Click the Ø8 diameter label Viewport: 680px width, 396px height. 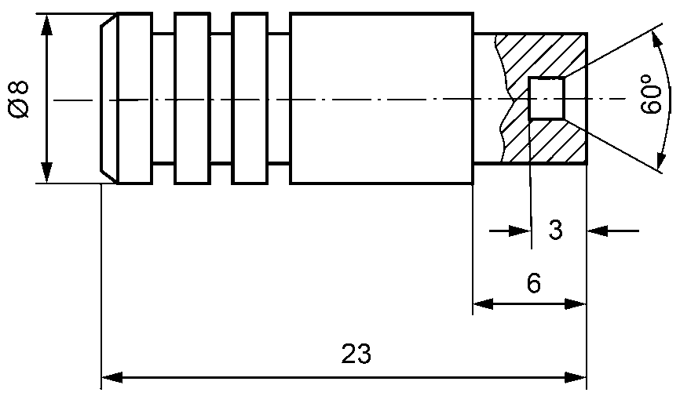pos(19,100)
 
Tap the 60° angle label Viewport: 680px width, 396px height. pos(652,94)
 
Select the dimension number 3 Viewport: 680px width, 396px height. pos(555,230)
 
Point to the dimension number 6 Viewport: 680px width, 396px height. pos(534,284)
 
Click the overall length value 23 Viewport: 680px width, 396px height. pos(356,354)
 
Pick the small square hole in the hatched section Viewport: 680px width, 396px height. pos(546,98)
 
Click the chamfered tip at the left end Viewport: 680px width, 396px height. pos(109,98)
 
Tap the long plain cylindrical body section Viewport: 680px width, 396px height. pos(382,98)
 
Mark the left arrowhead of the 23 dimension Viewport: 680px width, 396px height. pos(112,377)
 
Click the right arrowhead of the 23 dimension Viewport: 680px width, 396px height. pos(576,377)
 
